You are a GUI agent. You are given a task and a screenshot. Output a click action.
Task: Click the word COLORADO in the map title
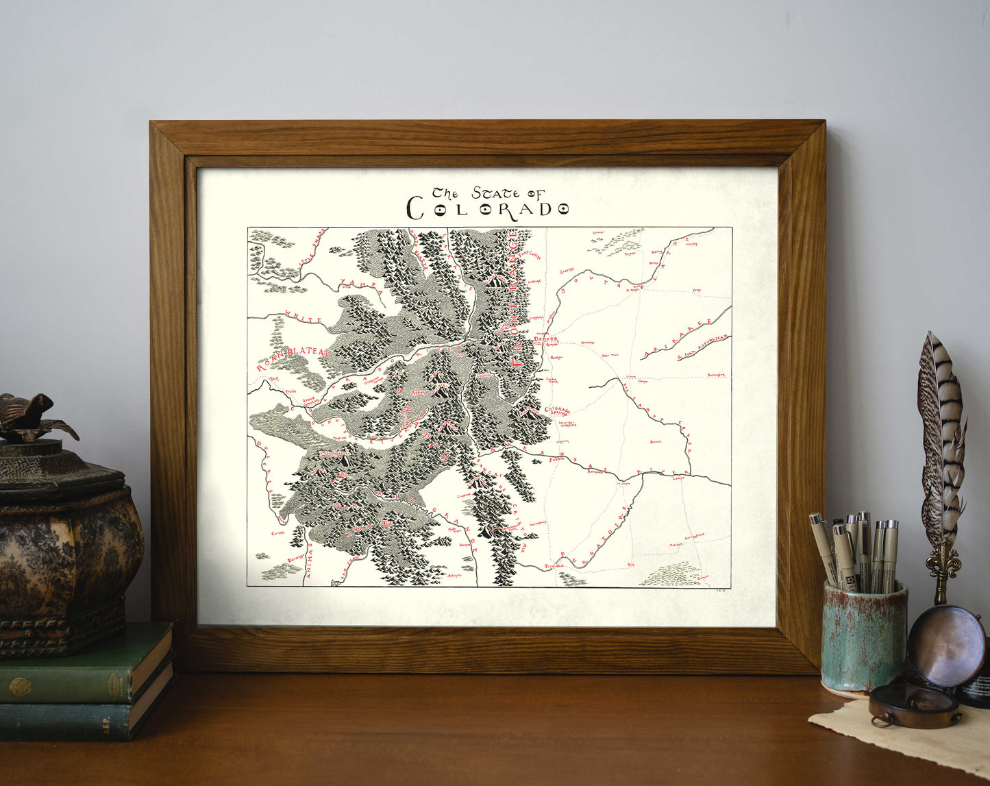pyautogui.click(x=488, y=209)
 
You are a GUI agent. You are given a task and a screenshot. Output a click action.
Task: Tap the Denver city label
pyautogui.click(x=545, y=339)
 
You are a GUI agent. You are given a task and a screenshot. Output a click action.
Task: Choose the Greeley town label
pyautogui.click(x=566, y=271)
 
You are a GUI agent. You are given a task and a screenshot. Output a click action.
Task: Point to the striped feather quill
pyautogui.click(x=943, y=439)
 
